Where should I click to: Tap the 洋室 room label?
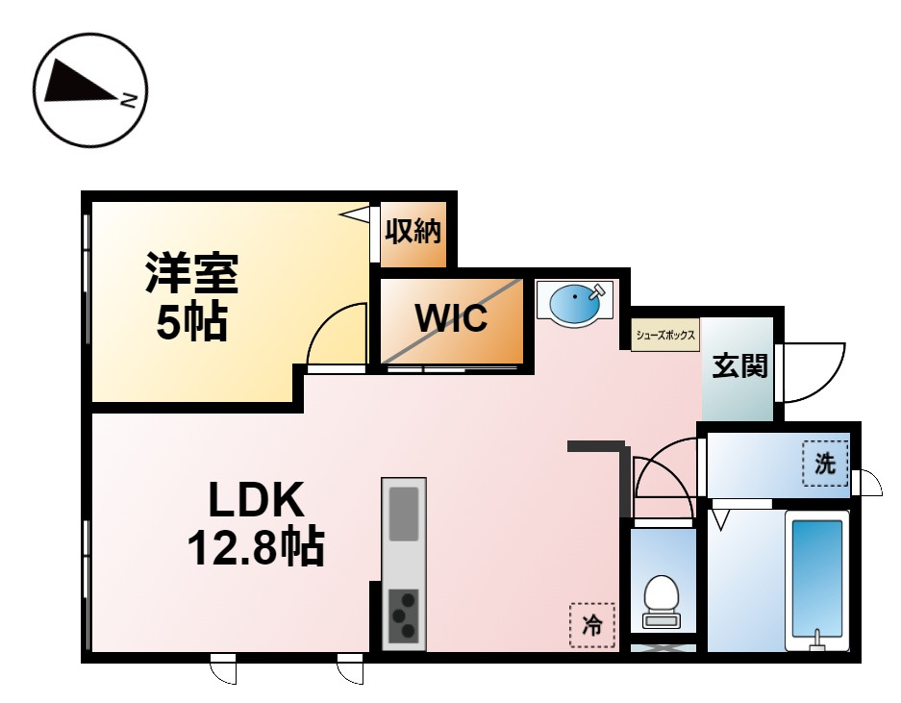[192, 272]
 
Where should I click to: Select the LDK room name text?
[257, 501]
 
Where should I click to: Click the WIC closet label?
[451, 318]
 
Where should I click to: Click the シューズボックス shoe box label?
[665, 335]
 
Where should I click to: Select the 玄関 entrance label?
[739, 365]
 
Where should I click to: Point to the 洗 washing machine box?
[825, 464]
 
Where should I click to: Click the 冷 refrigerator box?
[591, 625]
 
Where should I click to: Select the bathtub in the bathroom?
[817, 582]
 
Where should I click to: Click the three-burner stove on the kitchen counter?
[404, 615]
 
